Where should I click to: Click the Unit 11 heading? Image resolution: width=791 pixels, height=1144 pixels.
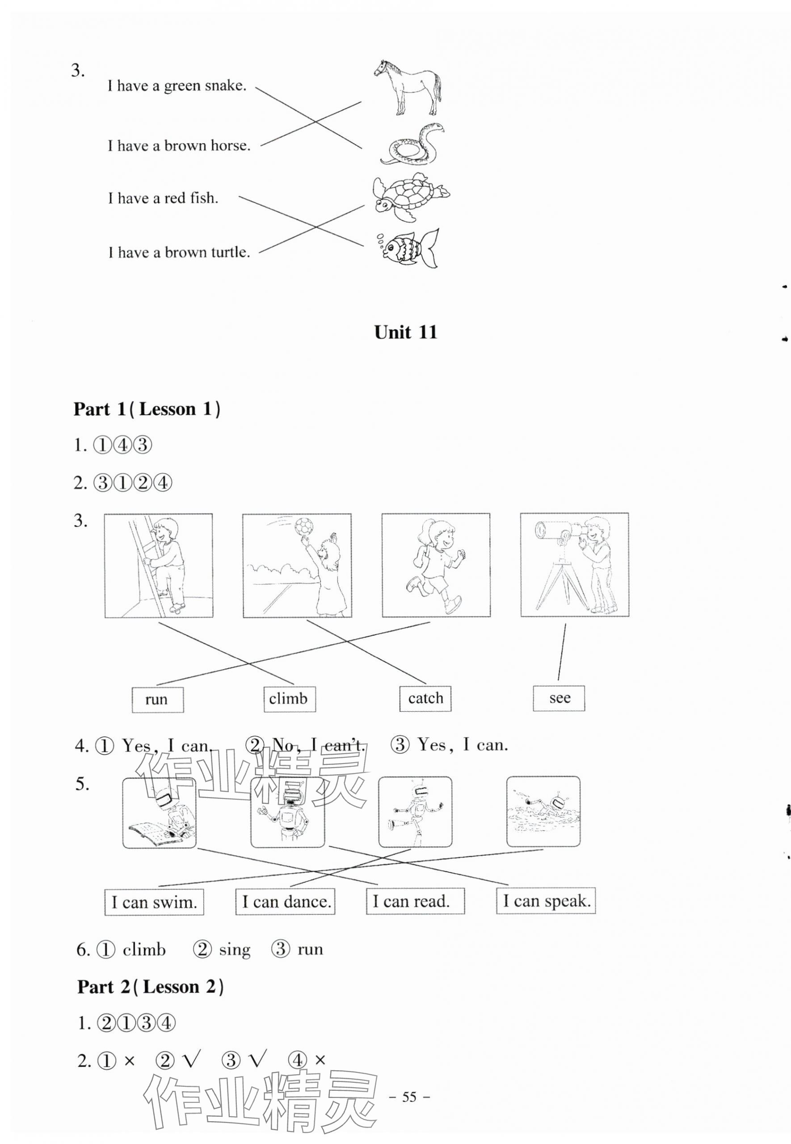click(x=405, y=333)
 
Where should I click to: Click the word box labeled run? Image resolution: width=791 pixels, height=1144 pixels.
click(x=157, y=699)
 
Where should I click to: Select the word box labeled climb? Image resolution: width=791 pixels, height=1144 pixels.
click(x=289, y=698)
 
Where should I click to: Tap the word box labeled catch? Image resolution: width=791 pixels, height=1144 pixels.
click(x=425, y=698)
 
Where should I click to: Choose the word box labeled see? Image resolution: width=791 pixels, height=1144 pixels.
click(x=559, y=698)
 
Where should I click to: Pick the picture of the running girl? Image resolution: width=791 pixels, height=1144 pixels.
click(x=436, y=565)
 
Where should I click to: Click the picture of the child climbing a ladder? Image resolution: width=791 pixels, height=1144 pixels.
click(x=159, y=566)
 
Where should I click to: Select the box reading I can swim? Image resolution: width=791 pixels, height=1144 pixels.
click(x=154, y=902)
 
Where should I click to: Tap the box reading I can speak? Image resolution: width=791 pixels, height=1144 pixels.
click(x=546, y=901)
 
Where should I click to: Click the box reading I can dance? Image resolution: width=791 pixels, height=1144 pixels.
click(x=286, y=902)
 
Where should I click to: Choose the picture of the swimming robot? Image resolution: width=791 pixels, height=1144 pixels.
click(x=543, y=811)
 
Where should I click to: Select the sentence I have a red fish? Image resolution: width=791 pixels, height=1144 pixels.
click(x=163, y=198)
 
